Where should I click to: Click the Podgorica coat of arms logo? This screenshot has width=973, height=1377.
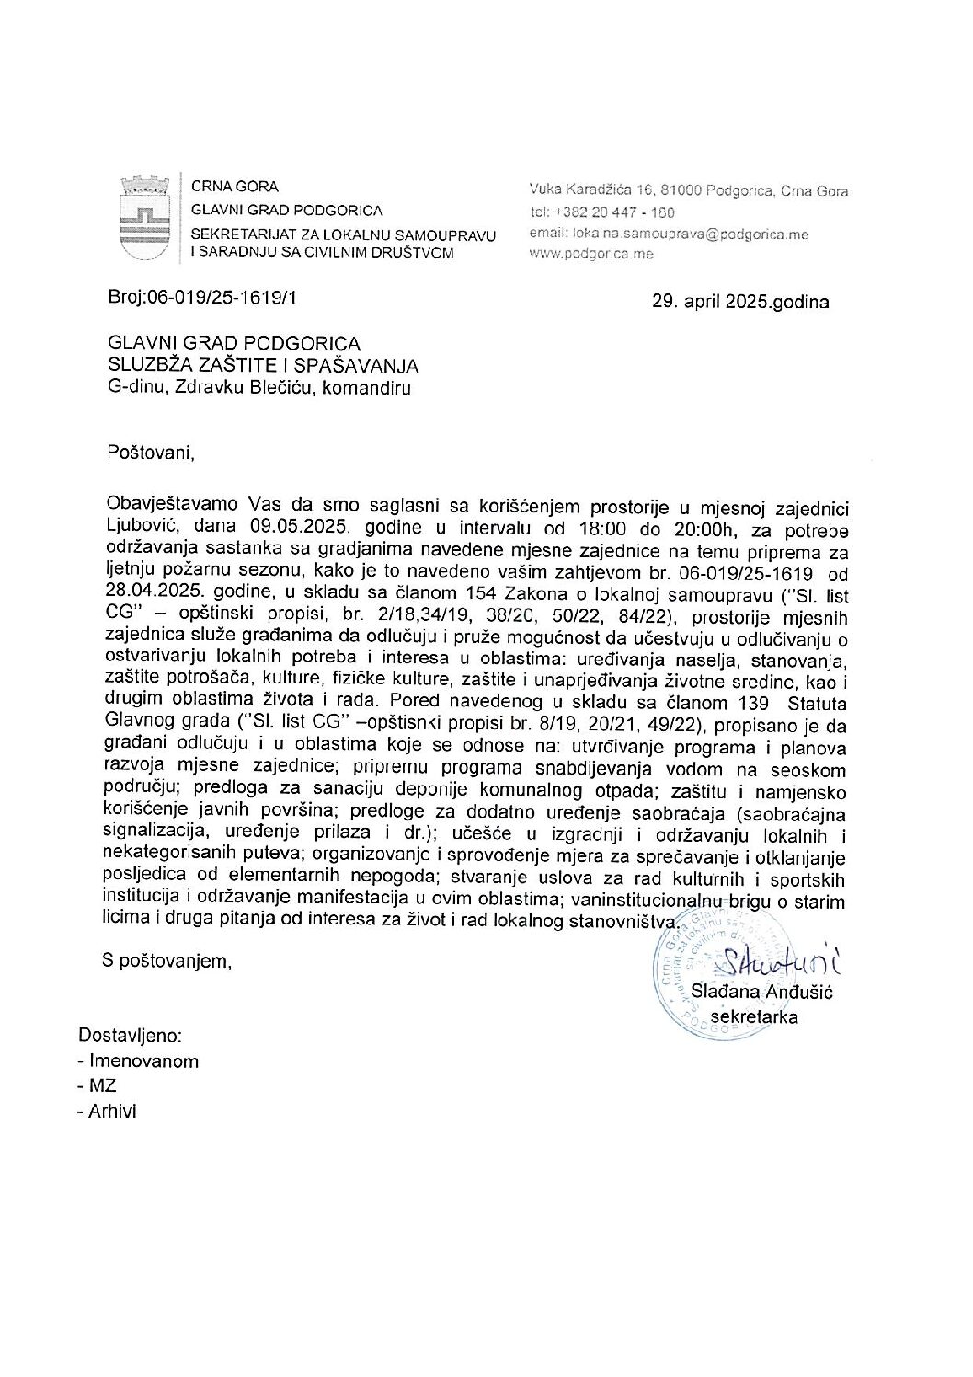click(x=145, y=219)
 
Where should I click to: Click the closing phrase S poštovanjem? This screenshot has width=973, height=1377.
click(x=166, y=961)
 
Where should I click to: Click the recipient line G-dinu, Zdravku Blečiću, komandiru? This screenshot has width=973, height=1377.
click(x=258, y=388)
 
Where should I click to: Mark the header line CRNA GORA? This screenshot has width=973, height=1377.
click(x=235, y=187)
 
